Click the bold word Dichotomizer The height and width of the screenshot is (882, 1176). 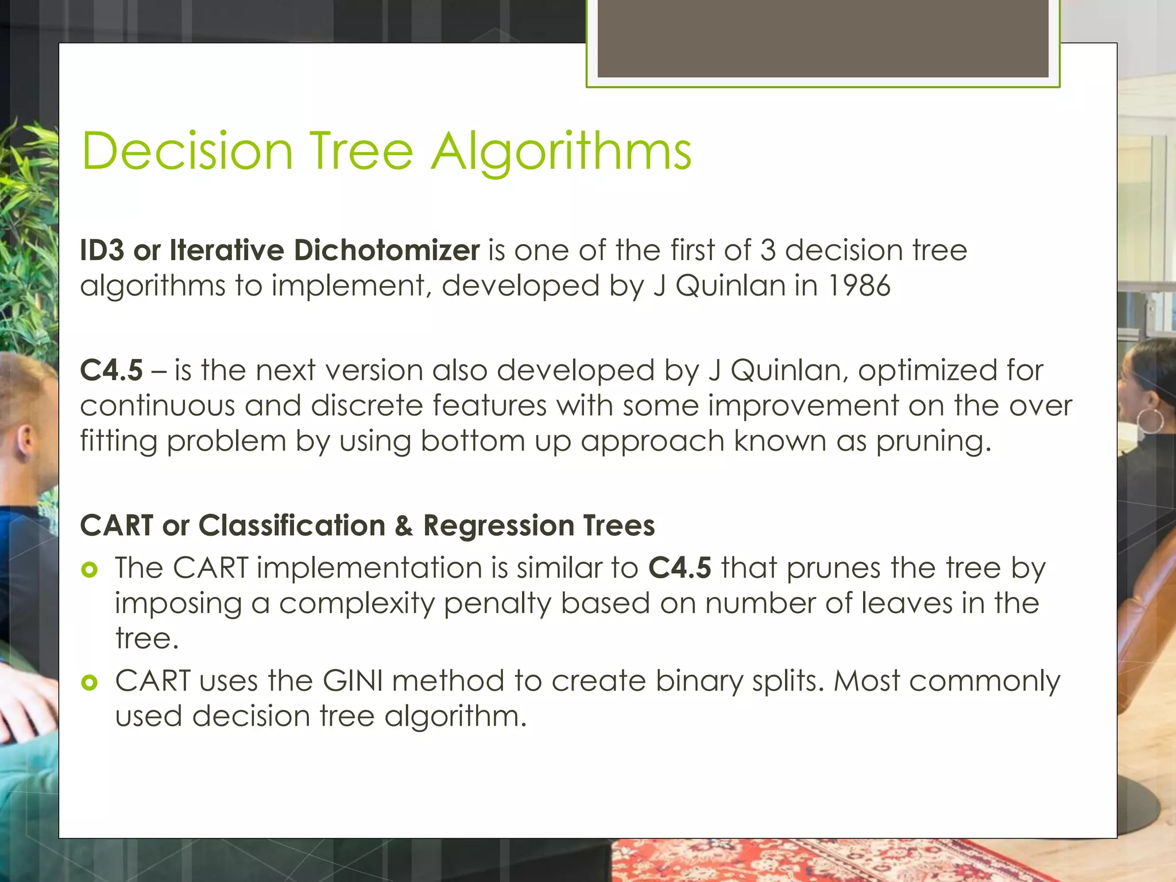tap(386, 250)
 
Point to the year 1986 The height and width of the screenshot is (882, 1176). tap(858, 286)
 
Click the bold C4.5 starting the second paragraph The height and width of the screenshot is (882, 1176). tap(111, 370)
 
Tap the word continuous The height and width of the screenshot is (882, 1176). tap(157, 406)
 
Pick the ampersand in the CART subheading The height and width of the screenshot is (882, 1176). tap(404, 525)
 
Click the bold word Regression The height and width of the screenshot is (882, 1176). tap(498, 525)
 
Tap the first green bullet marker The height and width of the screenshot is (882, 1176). tap(90, 570)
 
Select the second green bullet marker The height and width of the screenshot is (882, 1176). tap(90, 682)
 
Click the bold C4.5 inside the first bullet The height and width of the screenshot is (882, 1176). tap(679, 568)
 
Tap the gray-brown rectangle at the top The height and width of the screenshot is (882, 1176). tap(822, 38)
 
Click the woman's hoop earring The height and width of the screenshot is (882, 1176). tap(1150, 420)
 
